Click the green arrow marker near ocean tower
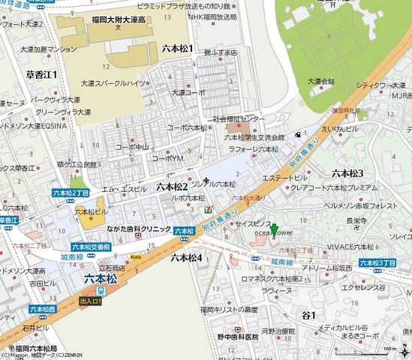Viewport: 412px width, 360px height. pyautogui.click(x=275, y=230)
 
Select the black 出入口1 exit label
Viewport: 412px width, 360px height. pyautogui.click(x=92, y=301)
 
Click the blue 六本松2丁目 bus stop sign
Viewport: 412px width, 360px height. pyautogui.click(x=71, y=193)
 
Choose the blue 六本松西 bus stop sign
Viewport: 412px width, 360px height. pyautogui.click(x=42, y=307)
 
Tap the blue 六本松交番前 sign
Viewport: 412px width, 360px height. pyautogui.click(x=92, y=246)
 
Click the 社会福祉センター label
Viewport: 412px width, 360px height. pyautogui.click(x=239, y=119)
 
